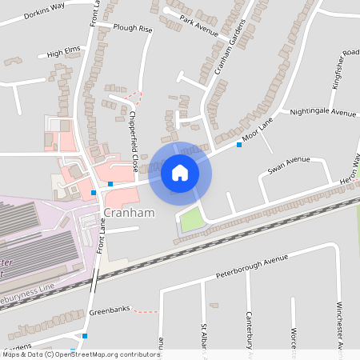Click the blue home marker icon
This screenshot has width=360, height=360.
[x=180, y=173]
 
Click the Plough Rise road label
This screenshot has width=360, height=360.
[x=133, y=29]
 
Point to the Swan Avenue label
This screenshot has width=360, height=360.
[x=288, y=164]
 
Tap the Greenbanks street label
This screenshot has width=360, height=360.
[x=109, y=310]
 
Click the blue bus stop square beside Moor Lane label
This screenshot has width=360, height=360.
[x=238, y=145]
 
